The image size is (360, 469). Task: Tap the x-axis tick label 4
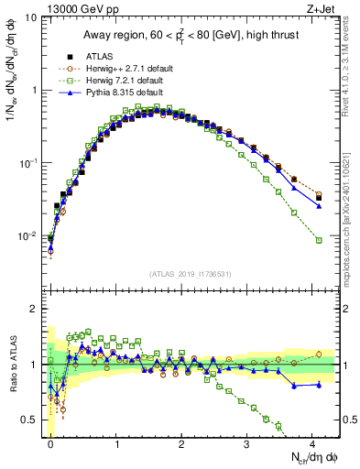pos(313,442)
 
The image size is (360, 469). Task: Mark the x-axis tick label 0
pos(50,442)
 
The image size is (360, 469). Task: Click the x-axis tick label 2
pos(182,442)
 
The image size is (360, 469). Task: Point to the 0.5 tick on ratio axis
pos(34,420)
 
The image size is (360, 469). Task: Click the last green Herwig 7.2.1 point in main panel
pos(319,241)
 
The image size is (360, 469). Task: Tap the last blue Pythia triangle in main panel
pos(319,206)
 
